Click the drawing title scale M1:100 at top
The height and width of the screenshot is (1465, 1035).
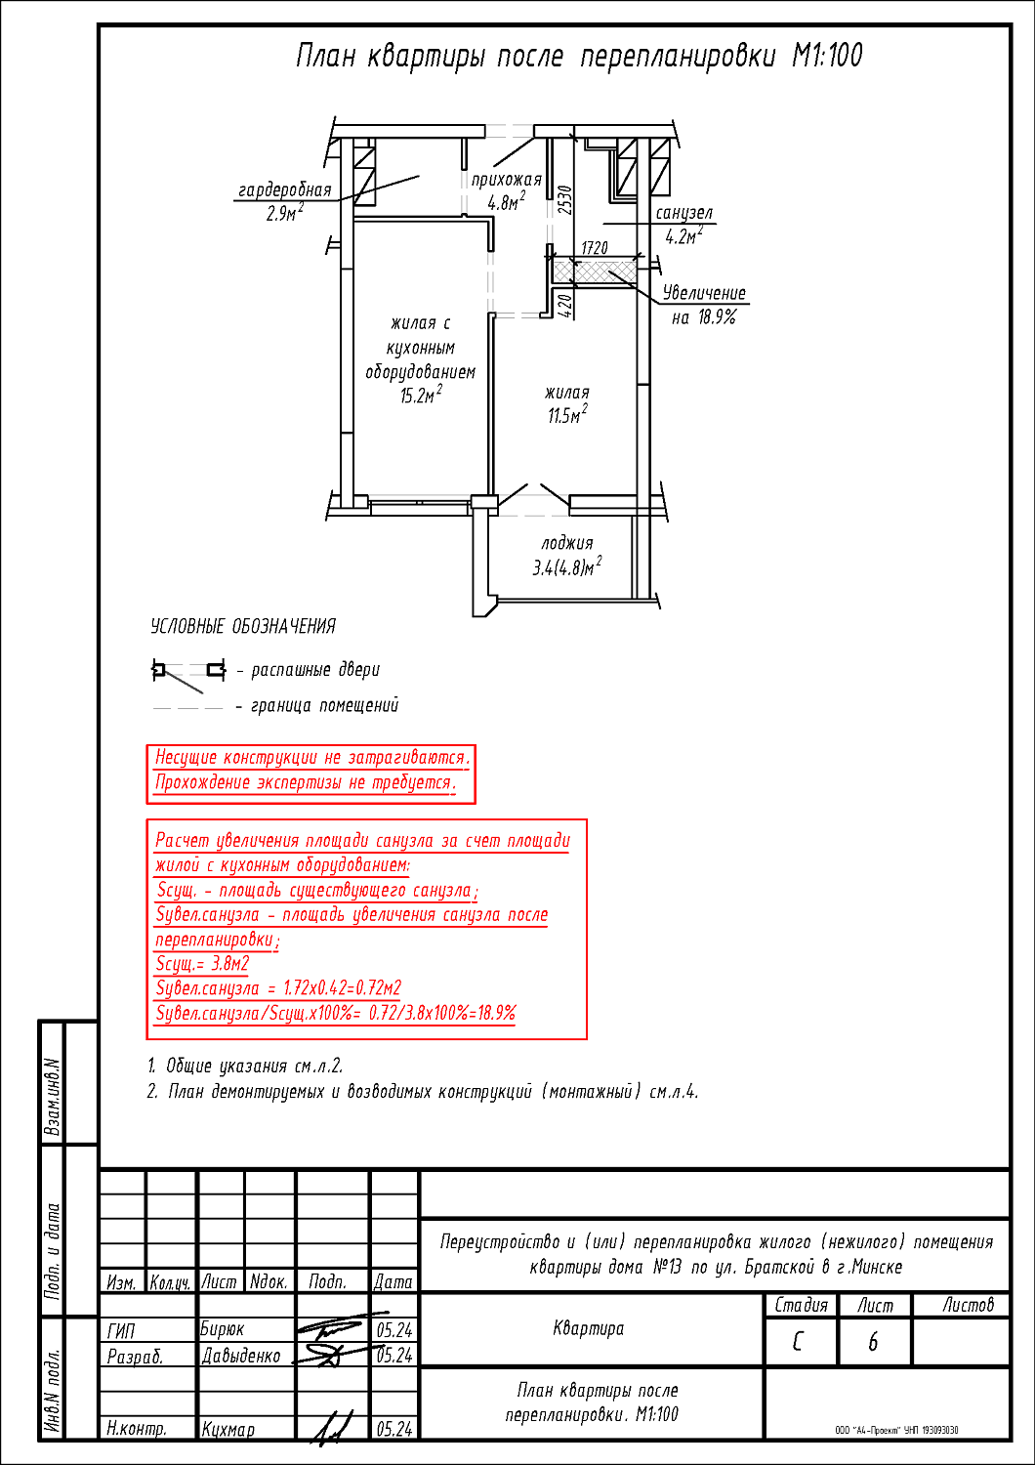[827, 56]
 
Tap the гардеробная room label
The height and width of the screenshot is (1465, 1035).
[285, 190]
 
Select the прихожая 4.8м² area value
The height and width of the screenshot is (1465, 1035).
[507, 203]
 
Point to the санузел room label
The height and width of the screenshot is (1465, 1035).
[684, 213]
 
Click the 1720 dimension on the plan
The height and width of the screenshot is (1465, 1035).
[595, 249]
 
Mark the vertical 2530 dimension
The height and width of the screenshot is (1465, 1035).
[564, 200]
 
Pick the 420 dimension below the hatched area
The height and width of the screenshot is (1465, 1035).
[563, 305]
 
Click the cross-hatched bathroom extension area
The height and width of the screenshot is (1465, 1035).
[595, 270]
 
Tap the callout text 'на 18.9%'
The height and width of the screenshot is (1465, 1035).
[703, 317]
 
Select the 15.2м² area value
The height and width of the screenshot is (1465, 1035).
[421, 396]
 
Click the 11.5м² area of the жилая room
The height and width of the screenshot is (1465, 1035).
[566, 415]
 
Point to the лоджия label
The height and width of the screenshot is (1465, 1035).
[567, 543]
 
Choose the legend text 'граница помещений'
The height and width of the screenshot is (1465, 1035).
[325, 705]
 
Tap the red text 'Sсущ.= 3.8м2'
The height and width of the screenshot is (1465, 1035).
[203, 964]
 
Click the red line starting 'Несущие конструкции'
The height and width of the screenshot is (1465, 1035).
[312, 758]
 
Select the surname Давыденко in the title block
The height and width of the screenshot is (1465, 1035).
[241, 1356]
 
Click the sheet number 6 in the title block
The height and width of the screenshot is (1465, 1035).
[873, 1343]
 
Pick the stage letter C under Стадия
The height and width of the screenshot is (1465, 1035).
[799, 1343]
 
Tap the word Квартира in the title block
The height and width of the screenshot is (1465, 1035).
[589, 1328]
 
